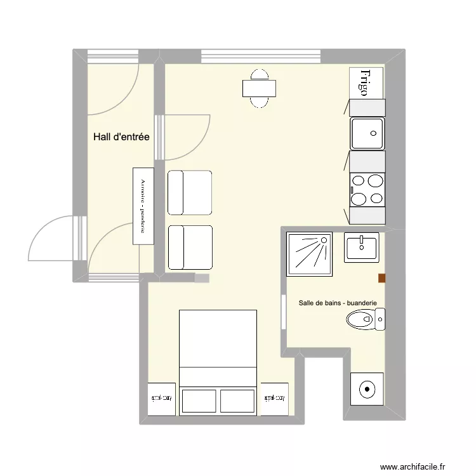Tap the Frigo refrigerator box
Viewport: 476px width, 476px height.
point(367,83)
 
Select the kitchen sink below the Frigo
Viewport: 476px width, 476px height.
point(367,133)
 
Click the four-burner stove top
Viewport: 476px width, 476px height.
point(367,189)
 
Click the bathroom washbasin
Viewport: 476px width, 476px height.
point(361,247)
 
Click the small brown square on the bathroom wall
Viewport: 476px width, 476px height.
point(381,277)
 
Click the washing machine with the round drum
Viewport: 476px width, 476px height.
point(367,388)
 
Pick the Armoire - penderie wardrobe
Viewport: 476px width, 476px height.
point(143,206)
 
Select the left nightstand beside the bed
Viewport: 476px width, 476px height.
point(161,399)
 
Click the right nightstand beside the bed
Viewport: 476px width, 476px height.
point(274,399)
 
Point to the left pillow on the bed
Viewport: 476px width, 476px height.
point(199,401)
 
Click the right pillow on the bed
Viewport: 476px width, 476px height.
point(237,401)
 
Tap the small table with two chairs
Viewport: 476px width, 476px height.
point(259,88)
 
